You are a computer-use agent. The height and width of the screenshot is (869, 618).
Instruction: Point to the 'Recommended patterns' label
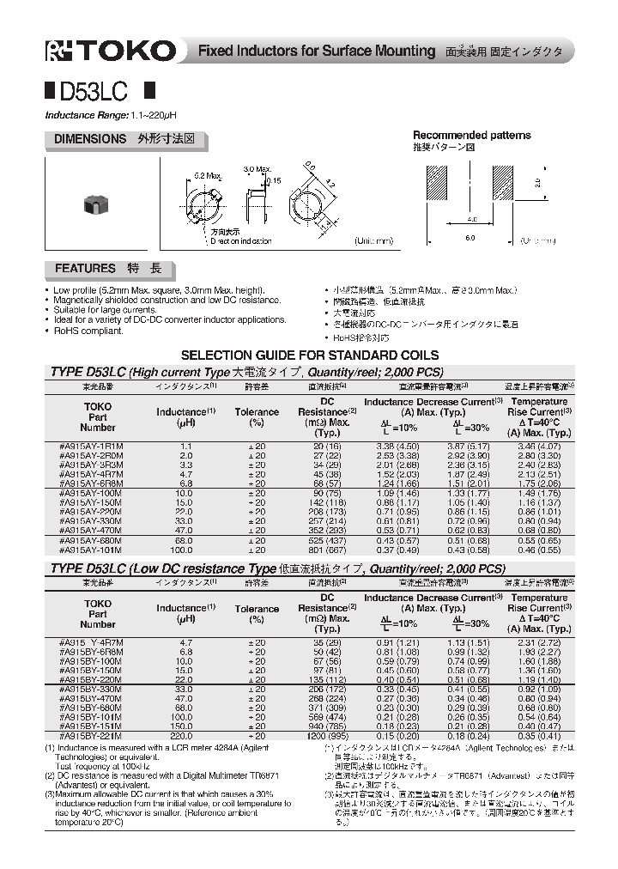tap(471, 135)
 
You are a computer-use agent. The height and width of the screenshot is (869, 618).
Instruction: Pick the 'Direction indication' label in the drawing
tap(239, 241)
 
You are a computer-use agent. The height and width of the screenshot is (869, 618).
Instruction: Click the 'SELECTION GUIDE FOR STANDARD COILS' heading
tap(308, 355)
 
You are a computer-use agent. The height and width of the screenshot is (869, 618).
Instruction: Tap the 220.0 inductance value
tap(185, 736)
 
